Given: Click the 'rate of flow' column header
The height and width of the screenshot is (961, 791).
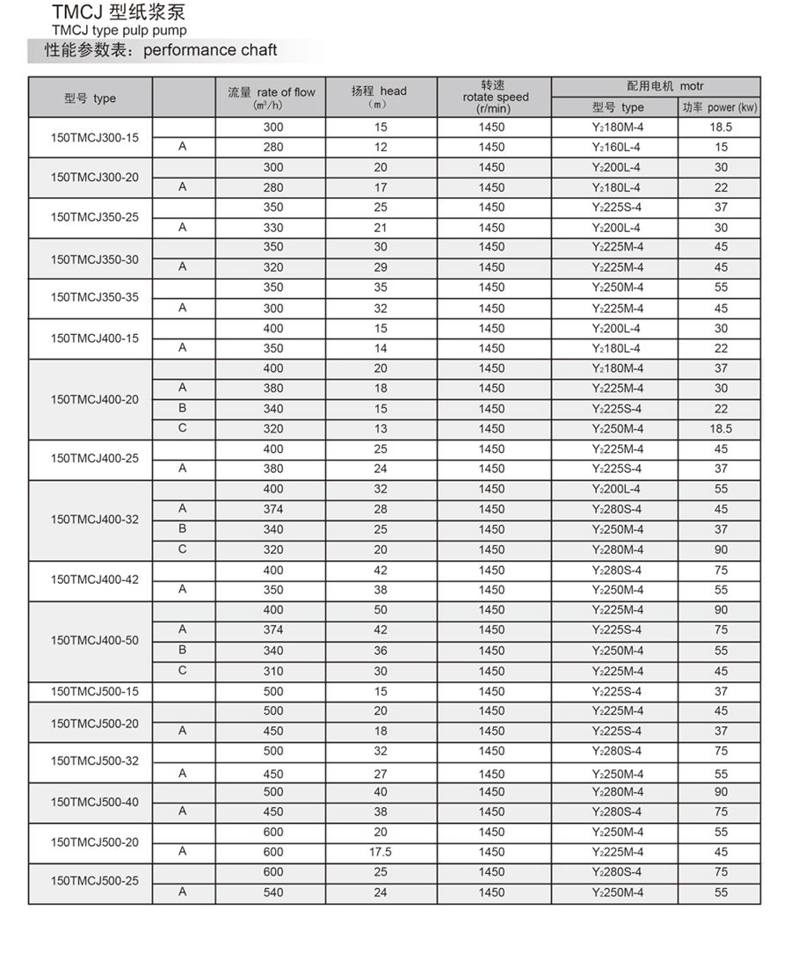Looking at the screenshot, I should (272, 92).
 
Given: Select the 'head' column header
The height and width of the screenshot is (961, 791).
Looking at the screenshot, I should (380, 91).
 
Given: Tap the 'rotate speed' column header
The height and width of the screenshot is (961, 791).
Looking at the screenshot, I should (495, 97).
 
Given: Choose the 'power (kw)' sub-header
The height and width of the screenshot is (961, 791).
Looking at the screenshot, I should (720, 107).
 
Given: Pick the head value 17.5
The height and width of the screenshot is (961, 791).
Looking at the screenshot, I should (380, 851).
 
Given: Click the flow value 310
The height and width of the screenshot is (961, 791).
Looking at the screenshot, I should (273, 671).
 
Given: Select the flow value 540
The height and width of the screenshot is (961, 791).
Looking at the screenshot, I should (273, 892).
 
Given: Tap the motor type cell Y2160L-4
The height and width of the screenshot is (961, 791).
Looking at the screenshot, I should (616, 147).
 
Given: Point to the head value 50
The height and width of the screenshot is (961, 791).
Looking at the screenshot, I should (380, 609).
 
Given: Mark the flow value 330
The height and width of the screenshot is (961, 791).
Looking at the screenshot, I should (273, 228).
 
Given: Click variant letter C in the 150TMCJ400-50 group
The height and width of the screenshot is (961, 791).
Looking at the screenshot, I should (183, 670).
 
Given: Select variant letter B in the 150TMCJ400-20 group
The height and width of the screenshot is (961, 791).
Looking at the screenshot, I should (183, 408).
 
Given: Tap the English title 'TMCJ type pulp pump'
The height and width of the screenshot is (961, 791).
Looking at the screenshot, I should (119, 30).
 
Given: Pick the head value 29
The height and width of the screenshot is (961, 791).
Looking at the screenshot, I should (380, 267).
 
